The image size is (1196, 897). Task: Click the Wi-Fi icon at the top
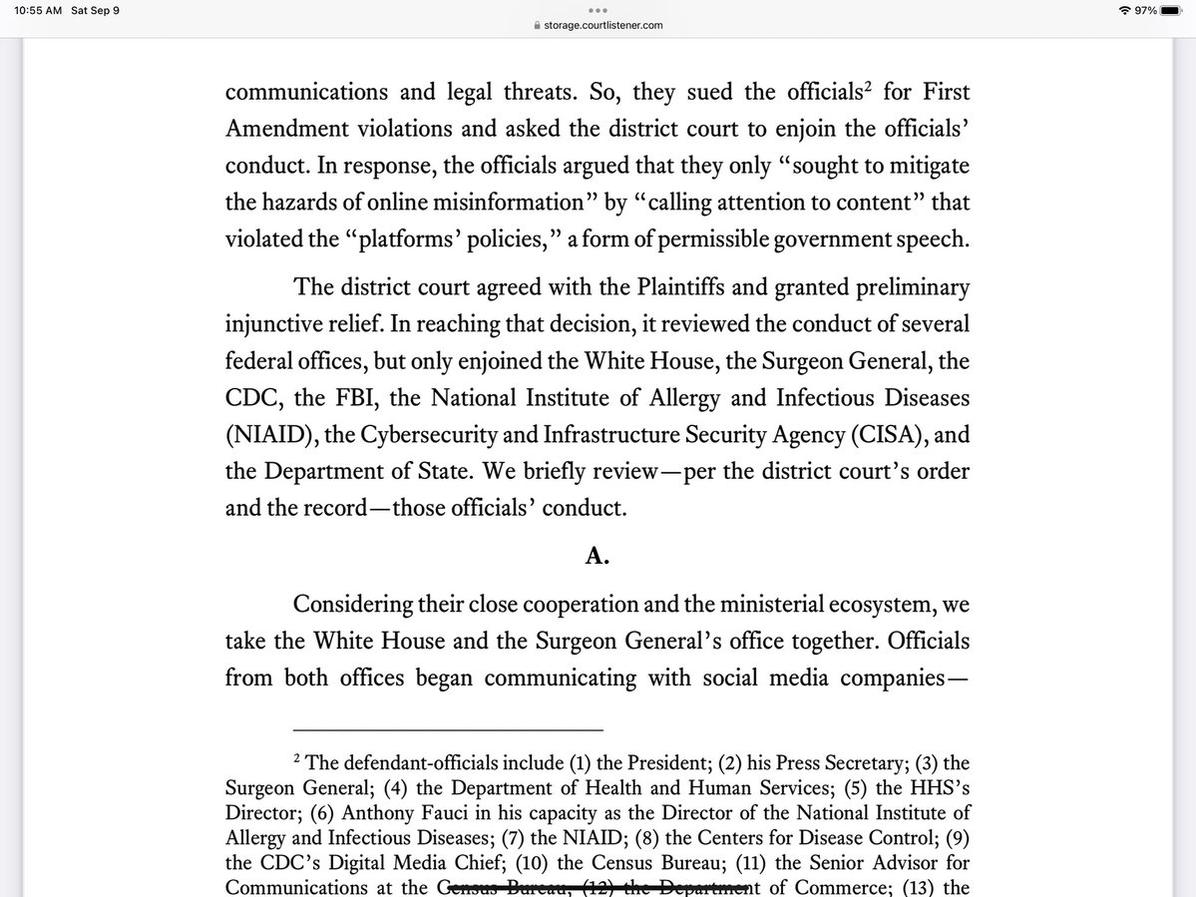[1126, 10]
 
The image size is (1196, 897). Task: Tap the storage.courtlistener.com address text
[603, 26]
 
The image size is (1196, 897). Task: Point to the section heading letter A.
[598, 557]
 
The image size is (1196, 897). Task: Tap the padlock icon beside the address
[537, 27]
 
